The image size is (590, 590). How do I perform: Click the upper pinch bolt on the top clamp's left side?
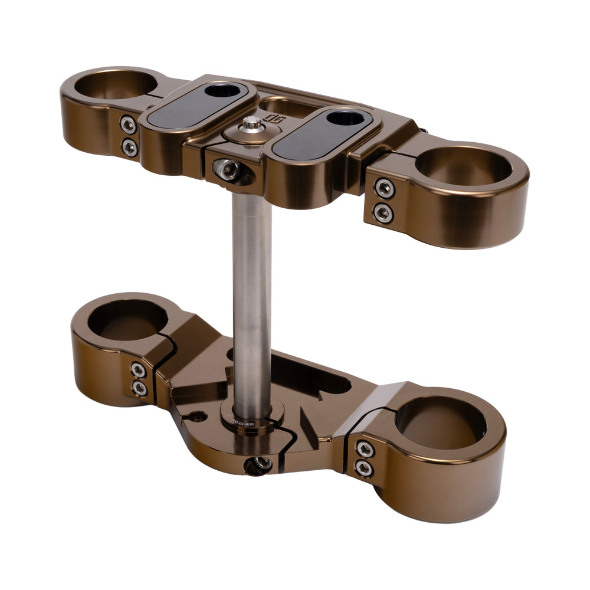tap(128, 124)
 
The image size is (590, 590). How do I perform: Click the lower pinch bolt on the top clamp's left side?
tap(129, 147)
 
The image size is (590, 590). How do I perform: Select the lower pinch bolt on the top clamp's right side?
tap(384, 212)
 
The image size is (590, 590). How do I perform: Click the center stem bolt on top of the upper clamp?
tap(253, 124)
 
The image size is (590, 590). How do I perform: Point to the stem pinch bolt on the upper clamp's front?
tap(227, 169)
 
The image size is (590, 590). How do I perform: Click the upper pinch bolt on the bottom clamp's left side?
tap(138, 370)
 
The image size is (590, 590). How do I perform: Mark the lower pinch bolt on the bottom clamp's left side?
tap(140, 388)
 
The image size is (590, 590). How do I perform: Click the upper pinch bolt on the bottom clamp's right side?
tap(365, 449)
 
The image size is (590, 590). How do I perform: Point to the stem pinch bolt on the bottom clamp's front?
tap(259, 465)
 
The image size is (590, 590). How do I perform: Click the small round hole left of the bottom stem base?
tap(198, 417)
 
